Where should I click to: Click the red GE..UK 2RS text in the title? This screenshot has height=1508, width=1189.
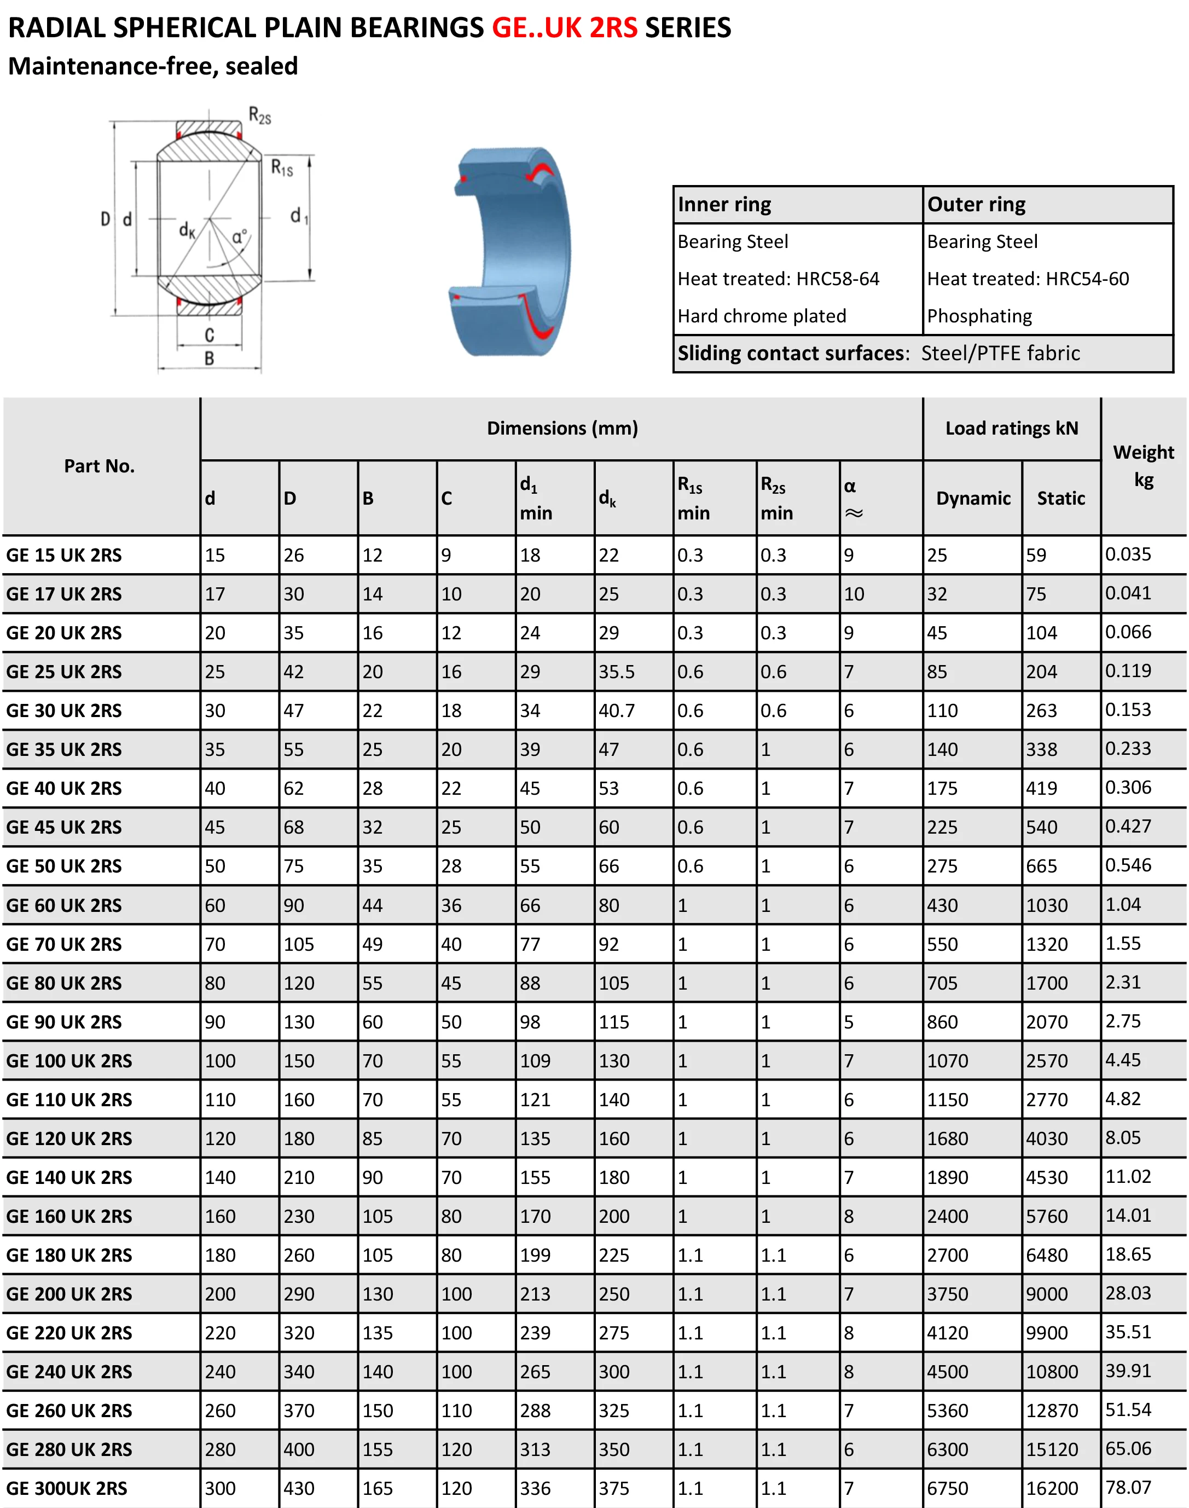point(564,28)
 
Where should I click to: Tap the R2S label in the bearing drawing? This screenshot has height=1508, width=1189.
point(260,115)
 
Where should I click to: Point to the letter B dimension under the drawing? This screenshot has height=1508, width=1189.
point(209,359)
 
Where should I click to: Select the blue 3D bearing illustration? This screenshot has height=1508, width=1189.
point(511,251)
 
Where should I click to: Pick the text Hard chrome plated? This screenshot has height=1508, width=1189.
point(762,316)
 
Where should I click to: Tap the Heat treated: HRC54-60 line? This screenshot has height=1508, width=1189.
point(1028,279)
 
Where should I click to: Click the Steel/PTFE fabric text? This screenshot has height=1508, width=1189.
point(1000,354)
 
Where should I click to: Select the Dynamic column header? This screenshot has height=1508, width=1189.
point(972,499)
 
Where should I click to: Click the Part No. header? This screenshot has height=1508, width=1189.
point(99,466)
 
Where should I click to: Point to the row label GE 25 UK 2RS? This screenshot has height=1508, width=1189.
point(64,672)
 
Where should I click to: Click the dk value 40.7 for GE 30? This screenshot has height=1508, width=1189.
point(616,711)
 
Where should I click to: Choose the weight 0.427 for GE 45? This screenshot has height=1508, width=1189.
point(1128,827)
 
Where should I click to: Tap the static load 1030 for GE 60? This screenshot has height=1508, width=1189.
point(1046,905)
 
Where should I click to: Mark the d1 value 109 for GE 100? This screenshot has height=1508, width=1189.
point(535,1061)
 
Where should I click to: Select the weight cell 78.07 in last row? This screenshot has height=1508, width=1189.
point(1128,1488)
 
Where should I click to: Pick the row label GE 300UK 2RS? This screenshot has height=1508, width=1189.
point(67,1488)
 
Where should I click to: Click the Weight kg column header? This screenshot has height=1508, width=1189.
point(1143,466)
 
